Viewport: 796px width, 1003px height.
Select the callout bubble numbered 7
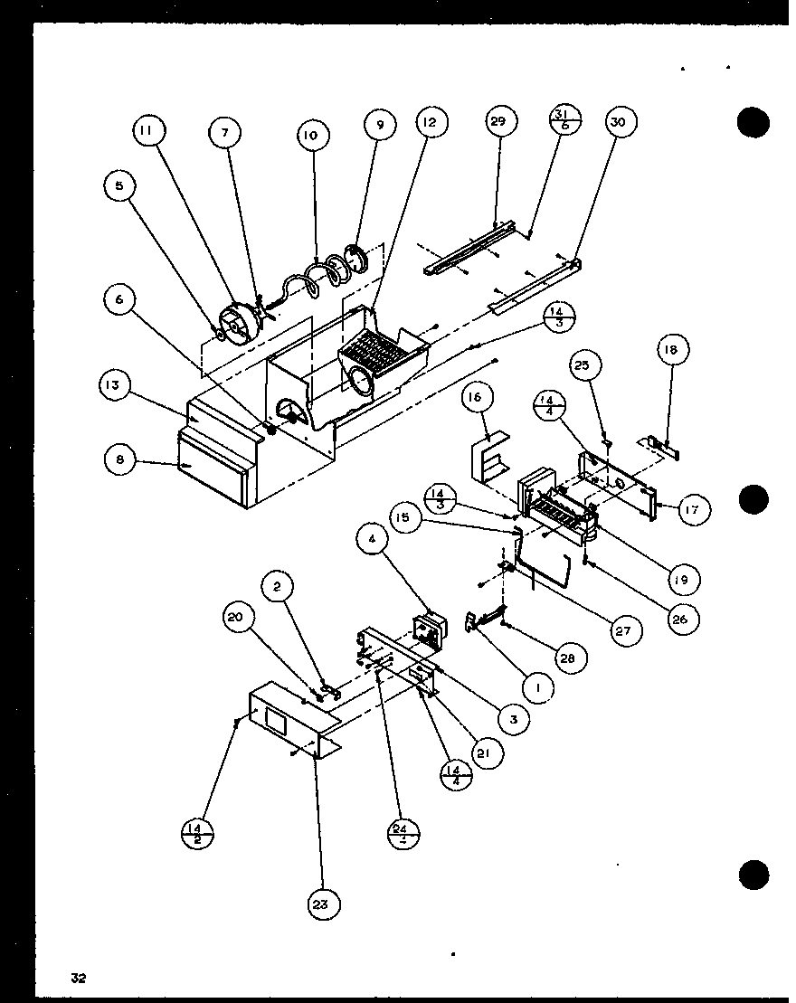pyautogui.click(x=224, y=132)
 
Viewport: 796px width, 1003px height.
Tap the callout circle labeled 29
pyautogui.click(x=499, y=122)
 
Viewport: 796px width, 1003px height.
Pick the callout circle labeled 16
pyautogui.click(x=479, y=398)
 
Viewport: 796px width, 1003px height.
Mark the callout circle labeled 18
pyautogui.click(x=674, y=350)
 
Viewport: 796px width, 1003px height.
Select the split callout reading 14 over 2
pyautogui.click(x=198, y=833)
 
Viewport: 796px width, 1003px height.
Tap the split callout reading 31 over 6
pyautogui.click(x=564, y=119)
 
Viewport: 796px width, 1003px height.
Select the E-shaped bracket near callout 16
pyautogui.click(x=488, y=456)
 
